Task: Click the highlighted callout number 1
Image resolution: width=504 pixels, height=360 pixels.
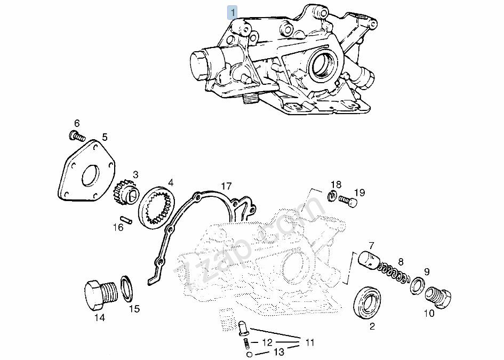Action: pyautogui.click(x=232, y=13)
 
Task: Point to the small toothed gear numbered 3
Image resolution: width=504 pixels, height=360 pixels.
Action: pyautogui.click(x=126, y=195)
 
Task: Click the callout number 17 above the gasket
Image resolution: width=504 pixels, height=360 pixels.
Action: pyautogui.click(x=226, y=186)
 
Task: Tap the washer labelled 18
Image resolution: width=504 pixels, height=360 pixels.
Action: pyautogui.click(x=332, y=195)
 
